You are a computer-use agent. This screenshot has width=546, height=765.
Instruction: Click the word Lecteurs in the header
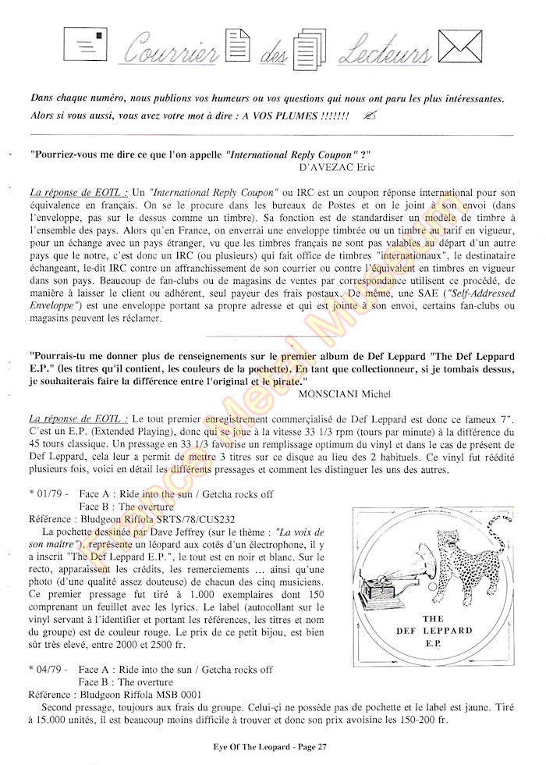pos(381,52)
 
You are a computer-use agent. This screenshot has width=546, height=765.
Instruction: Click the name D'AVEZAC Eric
pos(337,166)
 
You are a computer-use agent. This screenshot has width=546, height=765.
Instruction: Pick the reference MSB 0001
pos(179,693)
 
